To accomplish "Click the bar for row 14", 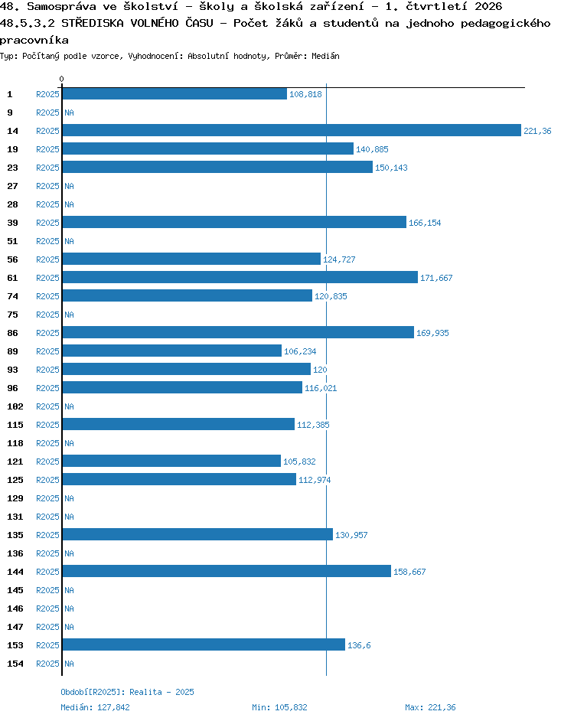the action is (292, 131).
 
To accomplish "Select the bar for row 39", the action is (234, 223).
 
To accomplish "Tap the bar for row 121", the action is (171, 462).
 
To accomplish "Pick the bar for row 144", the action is (227, 572).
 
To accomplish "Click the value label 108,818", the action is (305, 94).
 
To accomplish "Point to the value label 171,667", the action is (436, 278).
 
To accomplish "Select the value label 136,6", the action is (359, 645).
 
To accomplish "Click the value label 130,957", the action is (351, 535).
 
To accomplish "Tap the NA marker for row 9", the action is (69, 113).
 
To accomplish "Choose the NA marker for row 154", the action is (69, 664).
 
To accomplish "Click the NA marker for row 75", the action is (69, 315).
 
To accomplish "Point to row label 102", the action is (15, 406).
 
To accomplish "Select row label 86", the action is (12, 333).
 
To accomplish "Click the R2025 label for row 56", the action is (47, 259).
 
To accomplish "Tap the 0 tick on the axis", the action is (62, 79).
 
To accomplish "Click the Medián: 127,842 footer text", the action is (95, 707).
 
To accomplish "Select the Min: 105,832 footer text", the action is (279, 707).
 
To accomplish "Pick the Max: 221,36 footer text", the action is (430, 707).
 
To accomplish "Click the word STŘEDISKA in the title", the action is (93, 23).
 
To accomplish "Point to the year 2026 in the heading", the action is (488, 6).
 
